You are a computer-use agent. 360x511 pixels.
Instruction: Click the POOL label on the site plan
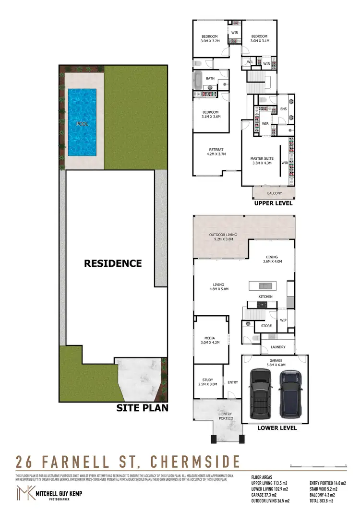coord(82,124)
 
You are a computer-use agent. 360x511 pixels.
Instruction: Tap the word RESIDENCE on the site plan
coord(113,263)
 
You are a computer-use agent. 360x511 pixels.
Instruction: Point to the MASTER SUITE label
coord(261,160)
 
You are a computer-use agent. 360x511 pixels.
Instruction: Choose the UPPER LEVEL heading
coord(273,203)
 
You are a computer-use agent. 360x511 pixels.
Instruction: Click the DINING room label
coord(272,259)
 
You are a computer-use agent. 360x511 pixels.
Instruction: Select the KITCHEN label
coord(265,297)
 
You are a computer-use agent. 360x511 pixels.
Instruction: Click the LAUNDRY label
coord(278,347)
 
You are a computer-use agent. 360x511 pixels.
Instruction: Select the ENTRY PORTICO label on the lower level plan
coord(226,416)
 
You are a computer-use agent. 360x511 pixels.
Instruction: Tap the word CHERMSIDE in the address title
coord(195,462)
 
